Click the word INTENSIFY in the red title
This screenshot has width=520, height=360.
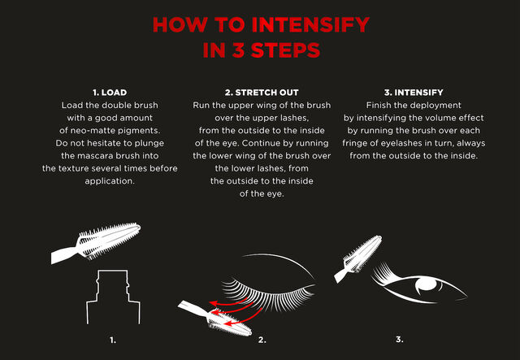coord(310,24)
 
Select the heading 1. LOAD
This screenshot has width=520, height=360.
coord(110,93)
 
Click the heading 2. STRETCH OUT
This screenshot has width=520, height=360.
coord(262,93)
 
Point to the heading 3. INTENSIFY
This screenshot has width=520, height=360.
coord(414,93)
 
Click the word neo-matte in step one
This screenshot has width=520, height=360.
coord(89,131)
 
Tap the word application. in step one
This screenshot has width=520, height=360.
coord(110,181)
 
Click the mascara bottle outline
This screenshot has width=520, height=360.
coord(113,297)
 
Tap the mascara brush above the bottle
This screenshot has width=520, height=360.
coord(96,242)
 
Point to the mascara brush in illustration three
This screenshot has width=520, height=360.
coord(357,258)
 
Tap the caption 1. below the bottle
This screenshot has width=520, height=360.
coord(113,340)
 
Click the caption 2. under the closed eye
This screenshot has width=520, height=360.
coord(262,340)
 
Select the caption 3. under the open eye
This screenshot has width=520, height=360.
coord(400,340)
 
